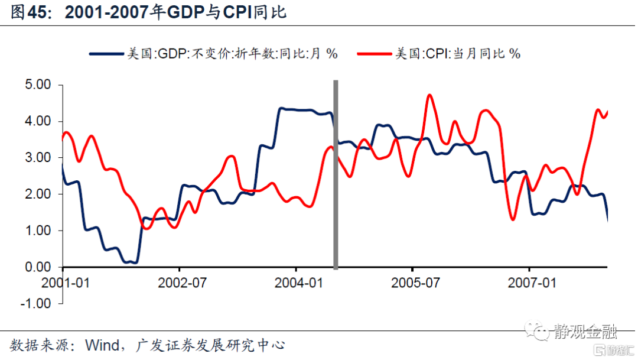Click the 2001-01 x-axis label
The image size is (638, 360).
[66, 283]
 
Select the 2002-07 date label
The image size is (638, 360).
[182, 283]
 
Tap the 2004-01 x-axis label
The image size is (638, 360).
[298, 283]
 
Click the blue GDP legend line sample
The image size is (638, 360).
[106, 54]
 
